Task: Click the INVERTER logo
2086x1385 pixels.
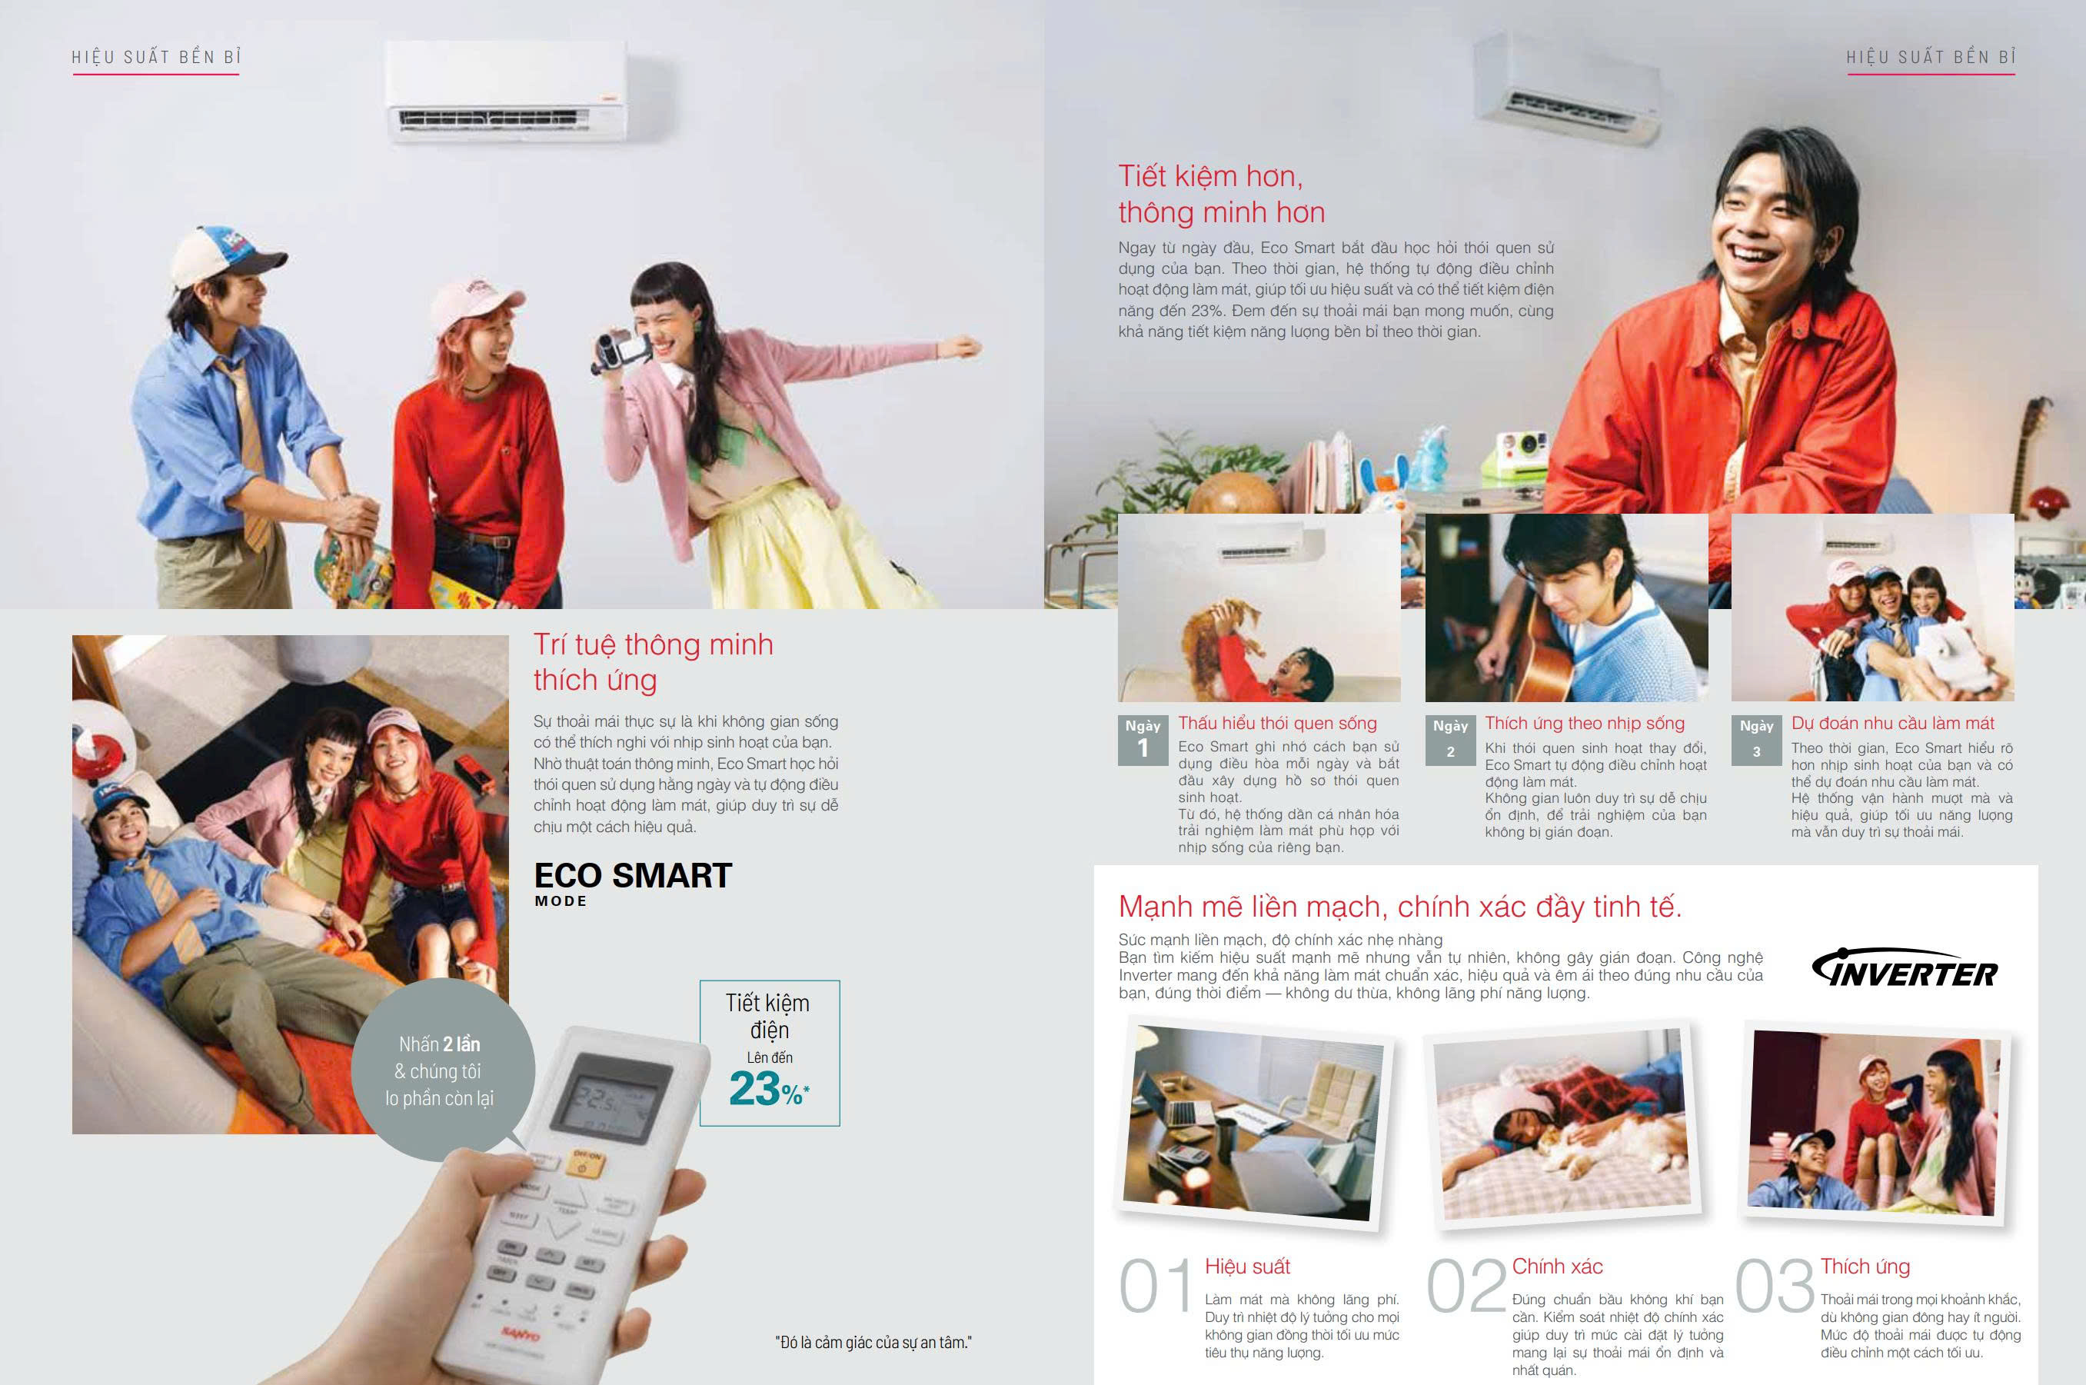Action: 1903,968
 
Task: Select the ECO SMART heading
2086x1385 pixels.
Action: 632,875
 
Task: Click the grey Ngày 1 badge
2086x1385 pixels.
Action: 1143,741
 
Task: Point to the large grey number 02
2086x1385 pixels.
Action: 1466,1286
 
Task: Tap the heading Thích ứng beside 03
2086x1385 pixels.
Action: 1865,1267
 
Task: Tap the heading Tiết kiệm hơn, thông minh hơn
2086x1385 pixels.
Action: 1222,195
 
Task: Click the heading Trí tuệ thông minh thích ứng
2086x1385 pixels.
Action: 653,662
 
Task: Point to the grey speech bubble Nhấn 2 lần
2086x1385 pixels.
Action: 442,1070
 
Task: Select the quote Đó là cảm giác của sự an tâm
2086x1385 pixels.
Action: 873,1343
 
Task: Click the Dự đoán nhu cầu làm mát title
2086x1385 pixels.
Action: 1892,724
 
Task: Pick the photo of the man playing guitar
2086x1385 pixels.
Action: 1565,608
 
